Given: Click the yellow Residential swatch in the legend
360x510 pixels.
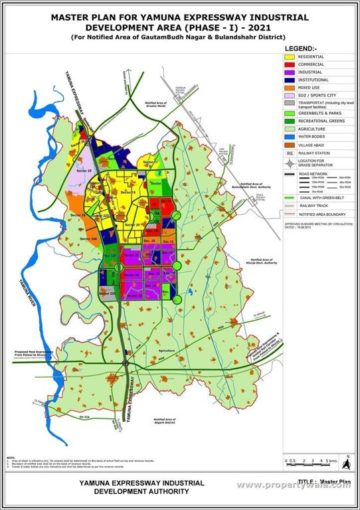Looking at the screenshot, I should [x=290, y=57].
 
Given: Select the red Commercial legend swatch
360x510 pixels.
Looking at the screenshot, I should [x=290, y=64].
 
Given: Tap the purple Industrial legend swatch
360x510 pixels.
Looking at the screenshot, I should [x=290, y=72].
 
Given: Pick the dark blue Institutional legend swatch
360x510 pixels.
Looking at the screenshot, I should [x=290, y=80].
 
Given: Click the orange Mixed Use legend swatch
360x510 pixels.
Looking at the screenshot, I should [x=290, y=88].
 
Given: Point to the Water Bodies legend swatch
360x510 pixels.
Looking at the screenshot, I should [x=290, y=136].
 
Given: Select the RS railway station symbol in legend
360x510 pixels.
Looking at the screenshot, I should [x=290, y=152].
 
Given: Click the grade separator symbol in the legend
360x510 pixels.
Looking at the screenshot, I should [x=290, y=163].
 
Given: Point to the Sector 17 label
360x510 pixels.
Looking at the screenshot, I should [x=151, y=162].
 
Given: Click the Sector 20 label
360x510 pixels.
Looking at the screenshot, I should [x=133, y=226].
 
